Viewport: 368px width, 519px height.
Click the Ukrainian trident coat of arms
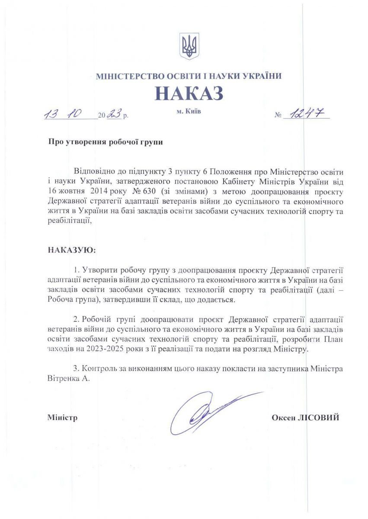pyautogui.click(x=189, y=46)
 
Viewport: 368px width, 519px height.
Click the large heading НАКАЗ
pyautogui.click(x=189, y=93)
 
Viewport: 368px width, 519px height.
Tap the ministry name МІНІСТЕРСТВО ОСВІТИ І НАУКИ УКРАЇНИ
pyautogui.click(x=189, y=76)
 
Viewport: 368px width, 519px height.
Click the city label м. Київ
pyautogui.click(x=189, y=112)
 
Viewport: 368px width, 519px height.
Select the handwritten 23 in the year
pyautogui.click(x=114, y=115)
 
